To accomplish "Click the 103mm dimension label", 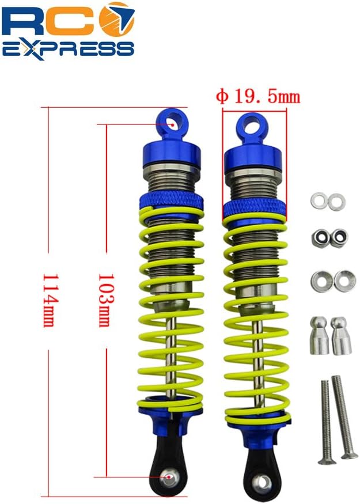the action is pyautogui.click(x=106, y=300).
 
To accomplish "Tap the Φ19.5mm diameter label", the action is pyautogui.click(x=258, y=96).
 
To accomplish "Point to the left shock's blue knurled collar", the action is pyautogui.click(x=172, y=202).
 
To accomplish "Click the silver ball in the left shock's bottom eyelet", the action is pyautogui.click(x=168, y=478).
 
